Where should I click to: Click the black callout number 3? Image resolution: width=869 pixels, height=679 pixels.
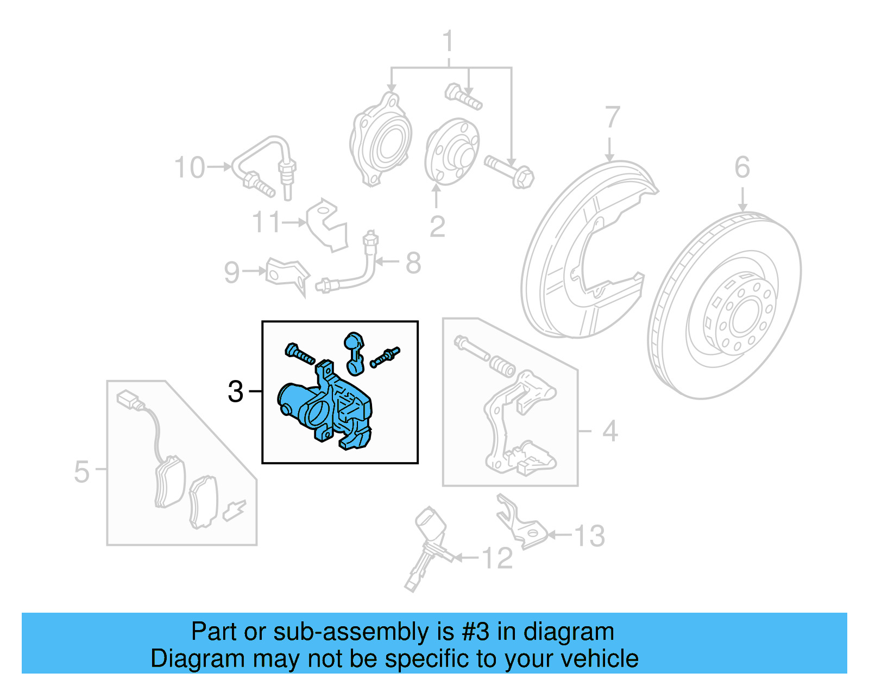pos(235,391)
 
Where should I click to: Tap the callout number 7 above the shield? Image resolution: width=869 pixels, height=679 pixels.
pos(612,117)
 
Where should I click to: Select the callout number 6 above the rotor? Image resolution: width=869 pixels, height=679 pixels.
pos(742,167)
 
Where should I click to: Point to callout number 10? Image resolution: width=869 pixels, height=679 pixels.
pos(190,167)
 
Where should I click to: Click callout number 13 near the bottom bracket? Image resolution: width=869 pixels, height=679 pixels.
pos(589,536)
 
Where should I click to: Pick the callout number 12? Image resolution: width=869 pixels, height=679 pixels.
pos(497,558)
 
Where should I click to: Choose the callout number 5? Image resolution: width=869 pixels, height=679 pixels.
pos(81,471)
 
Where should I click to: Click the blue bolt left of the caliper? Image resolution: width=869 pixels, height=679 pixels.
pos(299,354)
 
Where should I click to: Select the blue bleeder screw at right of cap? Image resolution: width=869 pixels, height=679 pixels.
pos(385,357)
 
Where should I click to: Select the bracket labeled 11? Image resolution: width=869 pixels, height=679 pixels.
pos(326,225)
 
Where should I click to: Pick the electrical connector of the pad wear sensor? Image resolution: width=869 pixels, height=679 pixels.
pos(127,400)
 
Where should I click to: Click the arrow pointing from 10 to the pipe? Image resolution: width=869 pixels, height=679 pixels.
pos(219,167)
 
